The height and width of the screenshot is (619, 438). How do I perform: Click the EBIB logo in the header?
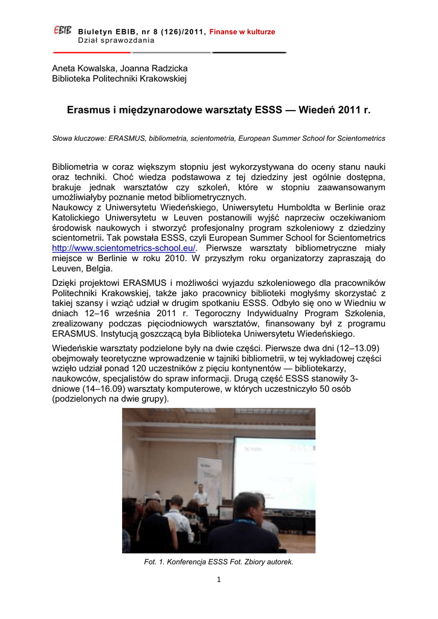(x=63, y=34)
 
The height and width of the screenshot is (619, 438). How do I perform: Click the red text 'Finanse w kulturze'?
(x=242, y=31)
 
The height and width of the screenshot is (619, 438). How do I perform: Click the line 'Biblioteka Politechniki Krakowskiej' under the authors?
(x=120, y=79)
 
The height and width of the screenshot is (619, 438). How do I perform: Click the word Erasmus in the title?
(x=88, y=111)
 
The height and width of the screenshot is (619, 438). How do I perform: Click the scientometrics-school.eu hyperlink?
(x=124, y=248)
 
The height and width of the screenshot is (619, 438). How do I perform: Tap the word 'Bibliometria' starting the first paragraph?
(x=78, y=166)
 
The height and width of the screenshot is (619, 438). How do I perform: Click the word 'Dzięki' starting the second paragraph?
(x=66, y=283)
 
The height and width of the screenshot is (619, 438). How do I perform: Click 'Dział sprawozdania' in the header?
(x=116, y=41)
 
